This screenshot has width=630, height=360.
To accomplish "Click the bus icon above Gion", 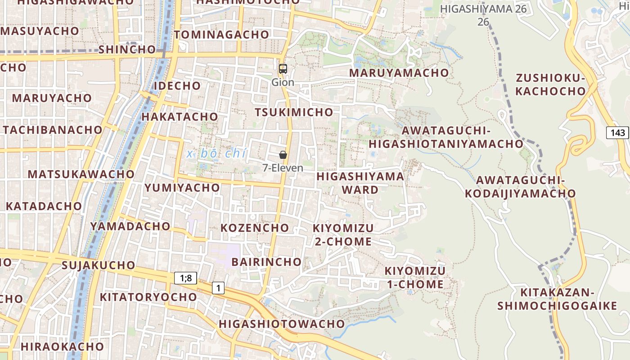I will (x=283, y=69).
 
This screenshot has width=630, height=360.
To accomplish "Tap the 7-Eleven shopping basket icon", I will (x=283, y=155).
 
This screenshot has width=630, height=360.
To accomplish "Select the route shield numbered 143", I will (x=618, y=132).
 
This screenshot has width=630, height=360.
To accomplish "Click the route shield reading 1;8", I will (x=186, y=278).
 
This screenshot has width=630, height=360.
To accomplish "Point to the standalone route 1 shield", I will (x=218, y=288).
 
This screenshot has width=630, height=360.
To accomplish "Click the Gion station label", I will (x=283, y=82).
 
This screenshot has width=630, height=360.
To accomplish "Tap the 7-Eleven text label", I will (x=283, y=168).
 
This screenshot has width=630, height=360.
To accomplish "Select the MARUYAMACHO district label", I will (x=399, y=72).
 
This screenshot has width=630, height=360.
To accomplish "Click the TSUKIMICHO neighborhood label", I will (x=294, y=112).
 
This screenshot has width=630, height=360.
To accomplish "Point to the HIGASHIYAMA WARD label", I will (x=360, y=183).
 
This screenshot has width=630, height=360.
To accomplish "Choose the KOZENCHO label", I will (x=255, y=228).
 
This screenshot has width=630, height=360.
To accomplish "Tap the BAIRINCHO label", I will (x=266, y=261).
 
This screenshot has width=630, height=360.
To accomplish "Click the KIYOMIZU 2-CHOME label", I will (x=343, y=234).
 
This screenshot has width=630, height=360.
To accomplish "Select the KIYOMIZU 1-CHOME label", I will (x=415, y=278).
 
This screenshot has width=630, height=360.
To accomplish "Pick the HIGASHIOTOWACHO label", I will (x=282, y=324).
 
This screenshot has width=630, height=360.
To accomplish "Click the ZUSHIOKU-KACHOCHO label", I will (x=550, y=85).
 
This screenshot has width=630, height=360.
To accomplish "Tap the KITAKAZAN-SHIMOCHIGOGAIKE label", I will (x=557, y=299).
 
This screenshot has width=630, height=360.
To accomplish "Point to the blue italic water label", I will (x=216, y=153).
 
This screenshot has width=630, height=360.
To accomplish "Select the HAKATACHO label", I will (x=180, y=117).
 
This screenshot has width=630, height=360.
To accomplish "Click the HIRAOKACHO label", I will (x=63, y=346).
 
